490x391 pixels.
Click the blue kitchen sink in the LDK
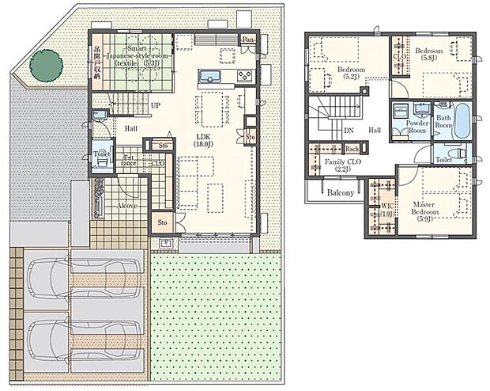pyautogui.click(x=209, y=77)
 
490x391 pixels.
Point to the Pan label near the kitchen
pyautogui.click(x=248, y=40)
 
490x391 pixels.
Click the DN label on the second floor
pyautogui.click(x=349, y=131)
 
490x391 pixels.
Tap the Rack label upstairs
pyautogui.click(x=352, y=148)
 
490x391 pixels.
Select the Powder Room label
pyautogui.click(x=416, y=127)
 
